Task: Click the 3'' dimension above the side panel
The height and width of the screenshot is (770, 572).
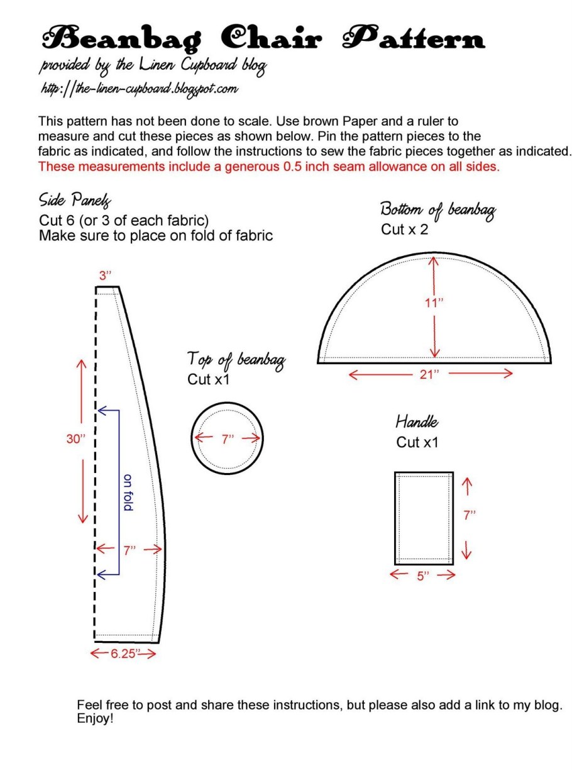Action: tap(105, 276)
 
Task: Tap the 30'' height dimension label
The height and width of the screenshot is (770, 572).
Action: tap(75, 440)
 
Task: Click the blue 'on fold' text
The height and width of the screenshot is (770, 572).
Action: tap(128, 492)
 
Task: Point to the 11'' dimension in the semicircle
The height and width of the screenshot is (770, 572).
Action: tap(434, 302)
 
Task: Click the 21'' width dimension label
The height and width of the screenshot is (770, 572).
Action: tap(430, 374)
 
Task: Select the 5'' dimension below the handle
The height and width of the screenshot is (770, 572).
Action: tap(422, 575)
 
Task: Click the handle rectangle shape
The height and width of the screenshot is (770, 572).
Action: tap(424, 517)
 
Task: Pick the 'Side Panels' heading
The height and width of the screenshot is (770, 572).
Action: tap(75, 201)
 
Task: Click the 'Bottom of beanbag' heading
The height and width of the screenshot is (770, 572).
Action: tap(437, 211)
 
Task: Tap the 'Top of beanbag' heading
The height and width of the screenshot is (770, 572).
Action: tap(236, 360)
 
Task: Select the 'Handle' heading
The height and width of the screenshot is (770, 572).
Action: tap(417, 421)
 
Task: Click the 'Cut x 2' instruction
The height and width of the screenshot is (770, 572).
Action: tap(404, 230)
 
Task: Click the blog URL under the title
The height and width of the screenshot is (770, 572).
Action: tap(138, 89)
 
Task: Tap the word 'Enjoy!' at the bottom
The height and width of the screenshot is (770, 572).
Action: tap(95, 718)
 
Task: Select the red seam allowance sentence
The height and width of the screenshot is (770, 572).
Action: tap(269, 167)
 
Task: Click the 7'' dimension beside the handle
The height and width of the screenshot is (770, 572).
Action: tap(470, 515)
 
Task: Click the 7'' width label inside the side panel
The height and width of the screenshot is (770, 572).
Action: tap(129, 550)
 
